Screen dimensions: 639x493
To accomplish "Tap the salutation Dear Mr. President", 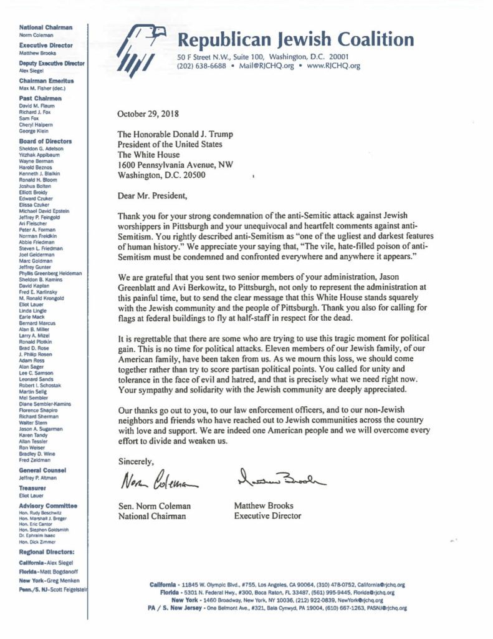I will pos(152,196).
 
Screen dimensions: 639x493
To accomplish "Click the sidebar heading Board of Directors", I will pos(45,142).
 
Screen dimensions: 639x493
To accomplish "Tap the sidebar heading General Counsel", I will pos(42,470).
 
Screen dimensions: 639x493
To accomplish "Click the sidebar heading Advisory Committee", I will pos(48,505).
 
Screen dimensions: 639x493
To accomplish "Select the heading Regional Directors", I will pos(47,552).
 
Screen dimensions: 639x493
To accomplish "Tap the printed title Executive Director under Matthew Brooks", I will pos(267,515).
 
